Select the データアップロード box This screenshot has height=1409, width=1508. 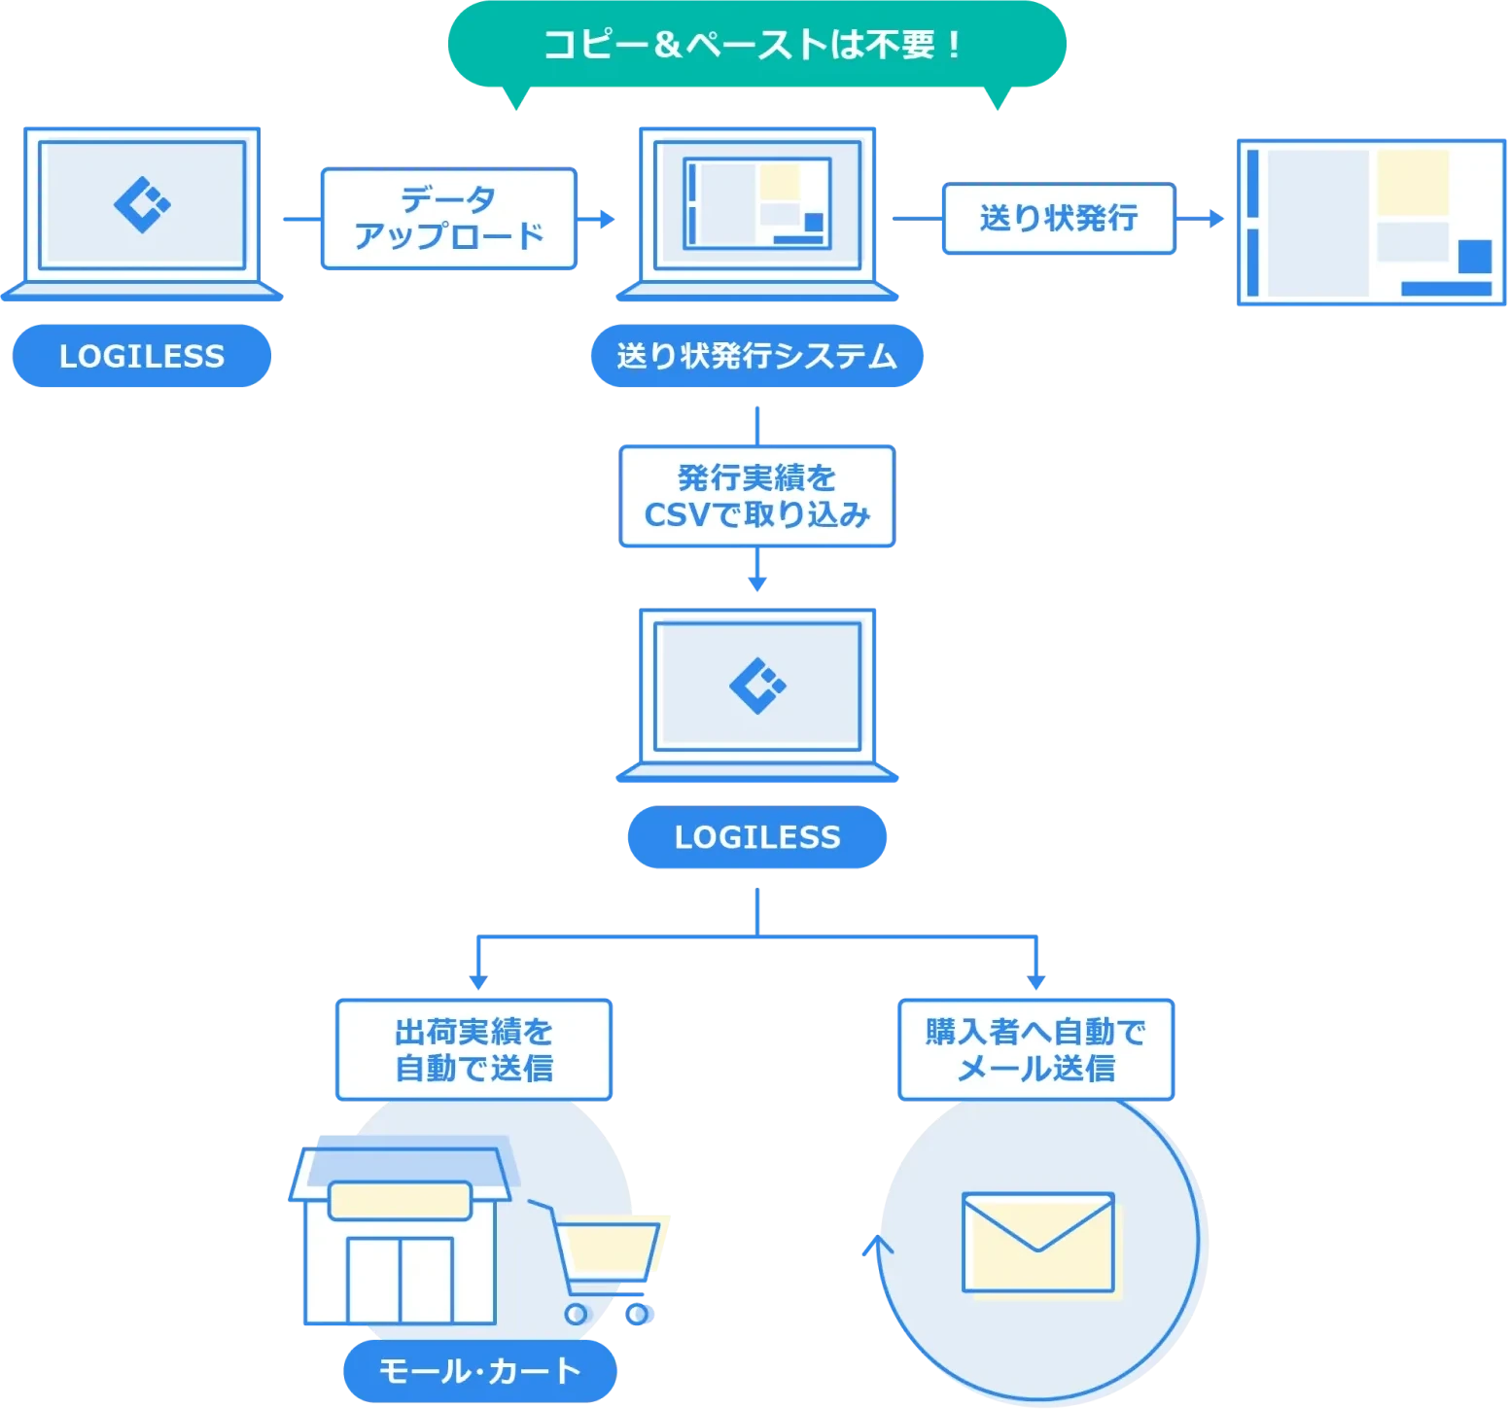[x=449, y=218]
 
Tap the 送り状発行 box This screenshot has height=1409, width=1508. [x=1059, y=218]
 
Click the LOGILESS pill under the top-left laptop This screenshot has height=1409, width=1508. [x=141, y=356]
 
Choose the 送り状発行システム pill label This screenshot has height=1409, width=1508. [x=756, y=356]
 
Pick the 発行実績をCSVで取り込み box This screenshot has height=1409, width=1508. [x=756, y=497]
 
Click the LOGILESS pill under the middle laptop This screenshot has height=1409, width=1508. [x=756, y=837]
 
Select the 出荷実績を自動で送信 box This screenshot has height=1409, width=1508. [x=473, y=1049]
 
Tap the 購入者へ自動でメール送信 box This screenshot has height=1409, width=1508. [x=1035, y=1049]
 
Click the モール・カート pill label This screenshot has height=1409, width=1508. [x=480, y=1371]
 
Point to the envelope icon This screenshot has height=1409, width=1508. [x=1037, y=1242]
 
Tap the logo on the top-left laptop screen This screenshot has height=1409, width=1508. [x=142, y=204]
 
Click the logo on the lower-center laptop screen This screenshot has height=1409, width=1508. [x=757, y=686]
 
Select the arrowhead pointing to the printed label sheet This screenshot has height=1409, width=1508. [x=1217, y=218]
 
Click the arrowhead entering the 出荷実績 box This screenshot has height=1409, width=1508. [x=476, y=982]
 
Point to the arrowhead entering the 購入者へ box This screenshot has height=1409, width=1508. [x=1036, y=982]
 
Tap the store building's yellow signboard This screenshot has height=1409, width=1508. [x=400, y=1201]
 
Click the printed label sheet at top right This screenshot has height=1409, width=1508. [x=1371, y=222]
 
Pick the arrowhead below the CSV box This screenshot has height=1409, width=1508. [x=757, y=584]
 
